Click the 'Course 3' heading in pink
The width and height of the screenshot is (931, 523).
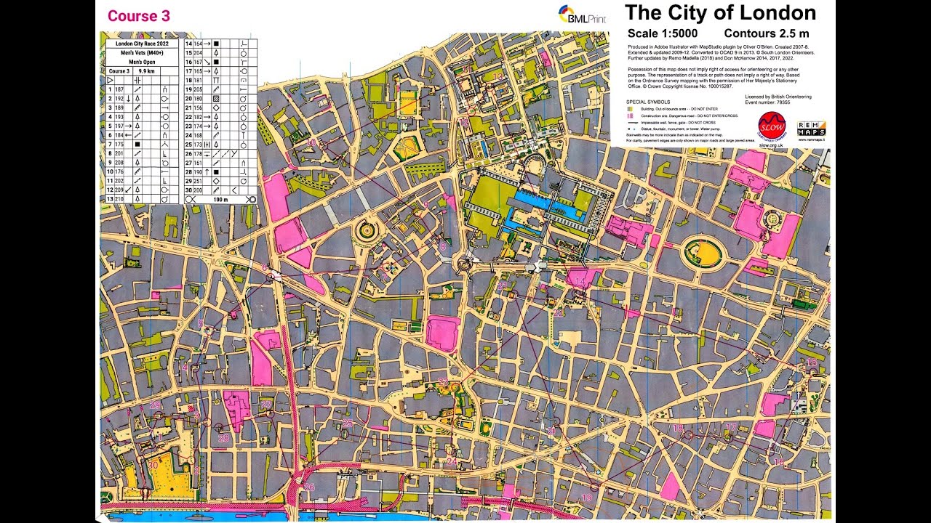(139, 16)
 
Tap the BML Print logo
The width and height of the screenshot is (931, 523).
(582, 15)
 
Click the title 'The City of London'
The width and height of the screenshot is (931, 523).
(720, 13)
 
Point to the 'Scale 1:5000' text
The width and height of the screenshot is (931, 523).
(662, 33)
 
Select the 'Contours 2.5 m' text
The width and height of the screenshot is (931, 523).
(767, 33)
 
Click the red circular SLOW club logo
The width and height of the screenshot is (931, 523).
(772, 125)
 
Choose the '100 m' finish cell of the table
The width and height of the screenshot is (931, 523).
(220, 198)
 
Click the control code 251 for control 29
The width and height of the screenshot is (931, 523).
(197, 180)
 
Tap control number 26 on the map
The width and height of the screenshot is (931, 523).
(310, 487)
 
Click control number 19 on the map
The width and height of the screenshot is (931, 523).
(586, 497)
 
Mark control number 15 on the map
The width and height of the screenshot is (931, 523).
(812, 362)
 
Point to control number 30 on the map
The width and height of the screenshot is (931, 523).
(153, 465)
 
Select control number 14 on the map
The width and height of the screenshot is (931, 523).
(580, 281)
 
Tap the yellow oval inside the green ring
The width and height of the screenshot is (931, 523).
(702, 254)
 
